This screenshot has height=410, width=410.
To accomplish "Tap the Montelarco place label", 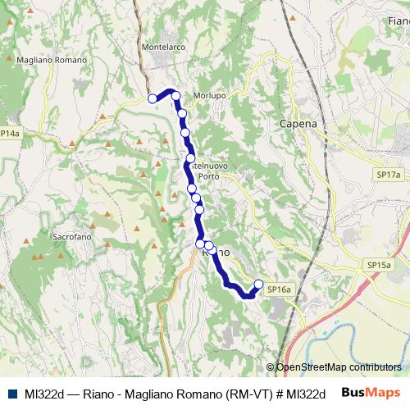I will pyautogui.click(x=163, y=48).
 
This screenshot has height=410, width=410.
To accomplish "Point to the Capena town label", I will pyautogui.click(x=298, y=124).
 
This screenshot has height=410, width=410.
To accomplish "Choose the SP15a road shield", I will pyautogui.click(x=378, y=266).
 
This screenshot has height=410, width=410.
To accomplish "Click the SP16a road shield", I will pyautogui.click(x=279, y=289).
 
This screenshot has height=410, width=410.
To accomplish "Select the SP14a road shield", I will pyautogui.click(x=9, y=133).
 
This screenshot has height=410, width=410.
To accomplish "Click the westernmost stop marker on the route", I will pyautogui.click(x=152, y=98).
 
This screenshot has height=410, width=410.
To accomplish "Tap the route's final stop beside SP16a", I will pyautogui.click(x=259, y=285).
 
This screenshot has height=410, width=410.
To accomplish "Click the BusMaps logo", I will pyautogui.click(x=371, y=393).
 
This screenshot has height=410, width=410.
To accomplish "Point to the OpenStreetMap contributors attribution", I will pyautogui.click(x=338, y=367).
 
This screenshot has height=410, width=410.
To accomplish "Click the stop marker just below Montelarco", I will pyautogui.click(x=175, y=96).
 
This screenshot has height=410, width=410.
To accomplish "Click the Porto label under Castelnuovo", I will pyautogui.click(x=207, y=175).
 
